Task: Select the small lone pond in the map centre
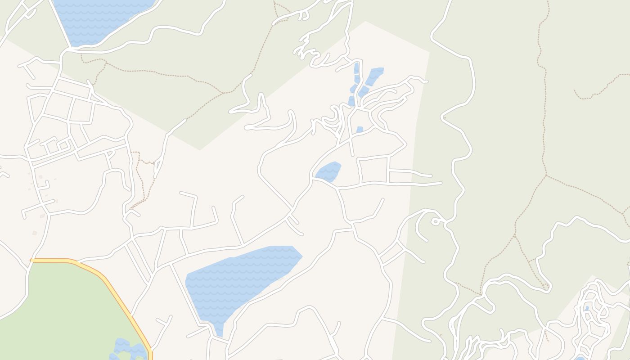tap(328, 171)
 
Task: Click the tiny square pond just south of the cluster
tap(360, 130)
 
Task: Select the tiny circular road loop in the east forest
tap(435, 221)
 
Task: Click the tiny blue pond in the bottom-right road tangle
tap(586, 309)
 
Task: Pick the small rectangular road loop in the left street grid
tap(63, 145)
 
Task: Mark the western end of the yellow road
tap(32, 260)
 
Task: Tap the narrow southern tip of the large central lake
tap(219, 332)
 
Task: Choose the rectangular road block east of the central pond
tap(373, 170)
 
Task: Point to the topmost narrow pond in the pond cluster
tap(356, 68)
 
